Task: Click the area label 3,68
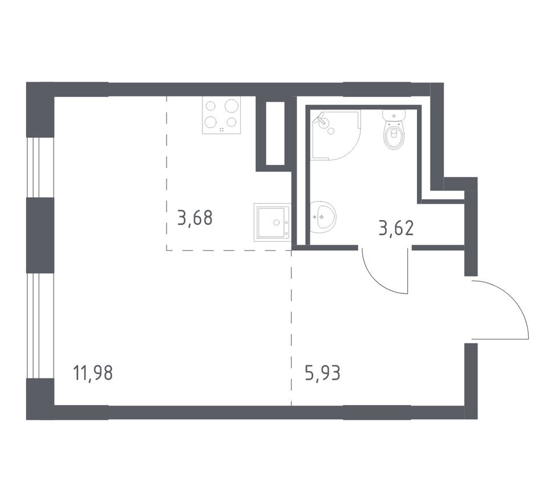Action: (195, 217)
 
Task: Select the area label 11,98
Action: (93, 374)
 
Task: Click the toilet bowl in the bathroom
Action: (394, 137)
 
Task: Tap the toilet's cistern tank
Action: (394, 116)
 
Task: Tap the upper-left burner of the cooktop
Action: (210, 106)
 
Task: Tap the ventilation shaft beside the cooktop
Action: (275, 133)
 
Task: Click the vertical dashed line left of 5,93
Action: (291, 331)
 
